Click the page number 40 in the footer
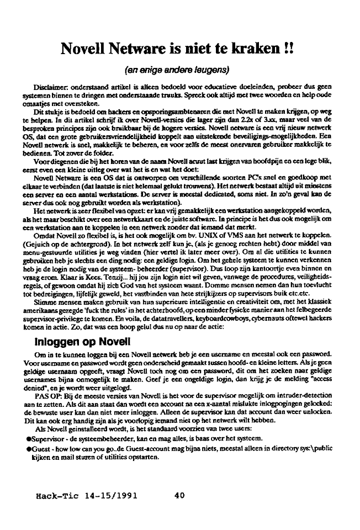pos(179,495)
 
